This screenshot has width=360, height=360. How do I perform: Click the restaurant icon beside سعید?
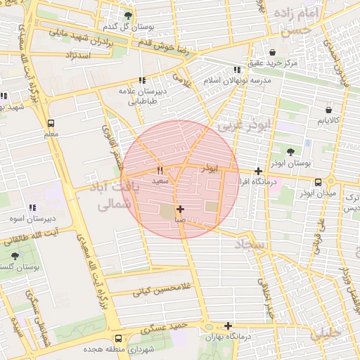pos(160,170)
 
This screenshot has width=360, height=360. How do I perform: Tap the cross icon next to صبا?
pos(181,209)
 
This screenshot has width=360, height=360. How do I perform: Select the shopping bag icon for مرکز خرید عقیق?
pos(273,52)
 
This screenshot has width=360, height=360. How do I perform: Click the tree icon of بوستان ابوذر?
pos(290,151)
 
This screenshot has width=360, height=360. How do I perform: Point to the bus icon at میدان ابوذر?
pos(319,181)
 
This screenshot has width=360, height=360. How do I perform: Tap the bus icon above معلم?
pos(51,122)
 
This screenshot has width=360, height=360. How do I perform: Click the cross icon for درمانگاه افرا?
pos(259,171)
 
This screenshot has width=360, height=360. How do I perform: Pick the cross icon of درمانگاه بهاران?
pos(228,326)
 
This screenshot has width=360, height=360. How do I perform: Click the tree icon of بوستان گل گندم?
pos(127,15)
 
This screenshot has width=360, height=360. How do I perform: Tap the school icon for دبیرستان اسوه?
pos(32,207)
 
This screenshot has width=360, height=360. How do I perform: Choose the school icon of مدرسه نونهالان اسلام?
pos(236,70)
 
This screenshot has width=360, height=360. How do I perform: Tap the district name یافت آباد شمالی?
pos(118,196)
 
